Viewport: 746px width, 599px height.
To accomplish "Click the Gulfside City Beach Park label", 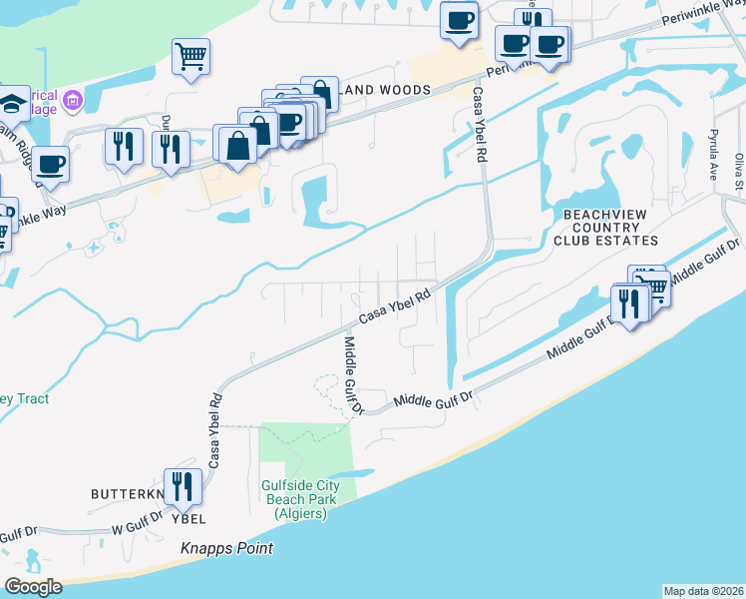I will coord(300,499).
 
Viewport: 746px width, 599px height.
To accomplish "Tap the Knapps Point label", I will coord(226,549).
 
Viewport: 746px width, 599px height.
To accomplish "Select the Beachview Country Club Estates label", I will coord(610,228).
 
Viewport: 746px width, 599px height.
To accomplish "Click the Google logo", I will coord(33,587).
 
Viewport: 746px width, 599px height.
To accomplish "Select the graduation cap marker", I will coord(12,102).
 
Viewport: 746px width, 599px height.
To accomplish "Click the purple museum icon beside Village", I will coord(72,100).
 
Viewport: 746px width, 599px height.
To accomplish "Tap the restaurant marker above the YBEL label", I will coord(182,486).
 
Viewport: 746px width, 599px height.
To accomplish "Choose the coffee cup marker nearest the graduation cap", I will coord(50,165).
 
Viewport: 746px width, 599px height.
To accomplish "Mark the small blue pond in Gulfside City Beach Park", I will coord(350,474).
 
